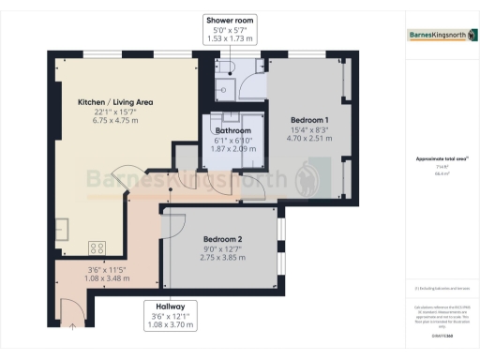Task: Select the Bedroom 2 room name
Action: (223, 238)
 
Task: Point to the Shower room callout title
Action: (230, 19)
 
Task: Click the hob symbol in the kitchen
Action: (96, 247)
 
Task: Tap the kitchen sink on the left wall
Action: (56, 229)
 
